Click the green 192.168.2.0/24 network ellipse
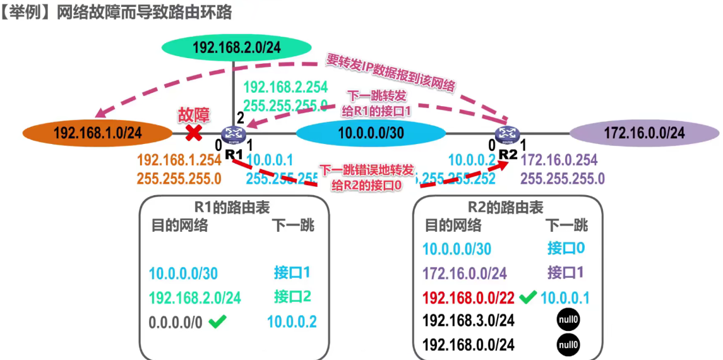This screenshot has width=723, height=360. pos(237,47)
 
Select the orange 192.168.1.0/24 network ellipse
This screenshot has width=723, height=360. pos(97,133)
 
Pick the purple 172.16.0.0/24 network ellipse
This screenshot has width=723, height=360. pos(644,133)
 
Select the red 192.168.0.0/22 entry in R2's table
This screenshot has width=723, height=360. pos(468,297)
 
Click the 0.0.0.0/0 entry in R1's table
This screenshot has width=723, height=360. pos(176,322)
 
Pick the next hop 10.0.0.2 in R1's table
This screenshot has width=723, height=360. pos(292,322)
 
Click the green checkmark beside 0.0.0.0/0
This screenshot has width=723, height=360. pos(217,322)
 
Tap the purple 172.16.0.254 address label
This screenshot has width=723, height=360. pos(559,160)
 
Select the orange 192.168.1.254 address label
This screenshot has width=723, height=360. pos(179,160)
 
